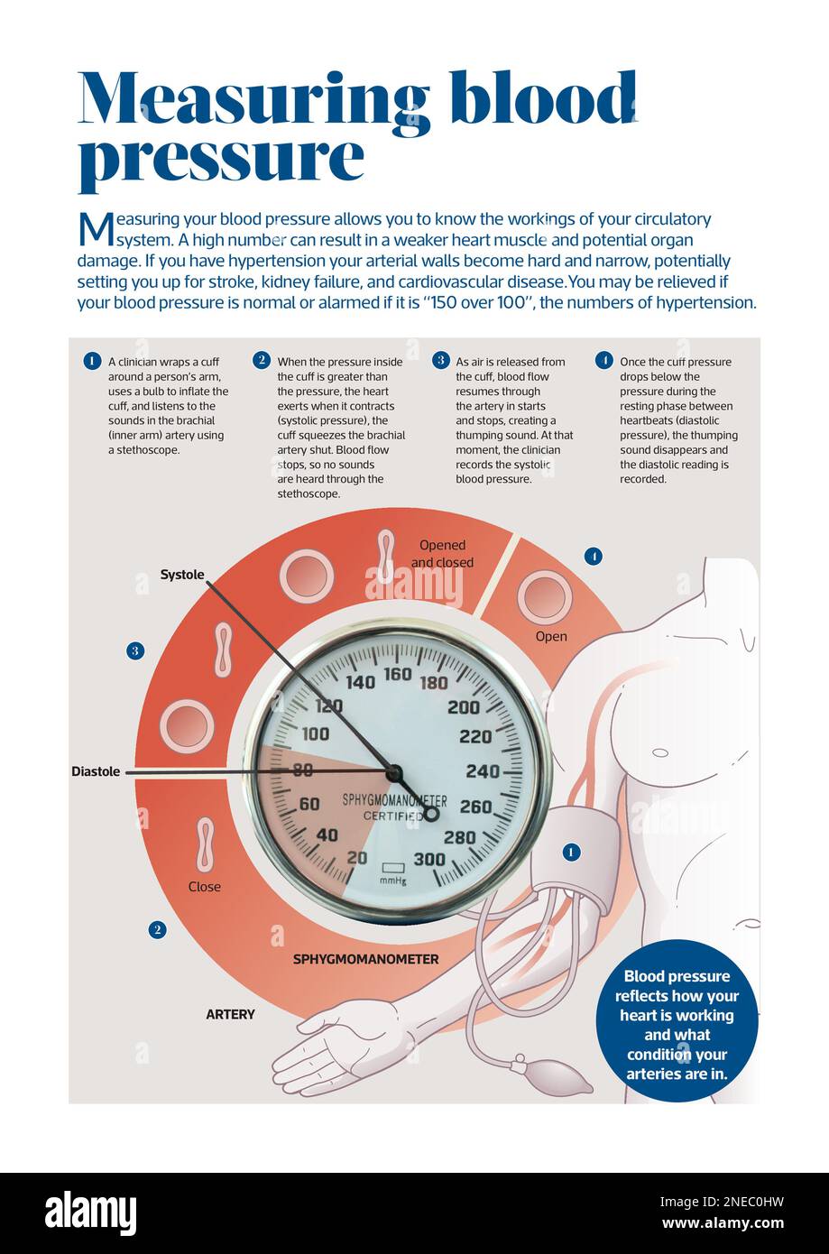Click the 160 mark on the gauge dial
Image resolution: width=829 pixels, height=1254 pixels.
(x=398, y=674)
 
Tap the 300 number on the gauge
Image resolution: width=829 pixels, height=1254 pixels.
(x=429, y=859)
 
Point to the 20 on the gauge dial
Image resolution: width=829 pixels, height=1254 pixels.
(x=357, y=857)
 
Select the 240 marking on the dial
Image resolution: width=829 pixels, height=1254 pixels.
(x=482, y=771)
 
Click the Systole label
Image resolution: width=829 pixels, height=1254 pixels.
(x=182, y=575)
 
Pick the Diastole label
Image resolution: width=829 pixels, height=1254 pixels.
(x=96, y=772)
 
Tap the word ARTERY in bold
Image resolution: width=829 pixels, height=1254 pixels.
(x=230, y=1015)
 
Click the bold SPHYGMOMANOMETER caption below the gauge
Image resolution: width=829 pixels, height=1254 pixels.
(x=365, y=959)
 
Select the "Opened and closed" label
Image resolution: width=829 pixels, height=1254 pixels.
(x=442, y=554)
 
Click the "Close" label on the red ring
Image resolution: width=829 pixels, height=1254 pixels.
(x=205, y=887)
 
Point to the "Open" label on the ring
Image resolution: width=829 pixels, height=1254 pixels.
(x=551, y=637)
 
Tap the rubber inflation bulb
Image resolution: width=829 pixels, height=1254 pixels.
(x=556, y=1074)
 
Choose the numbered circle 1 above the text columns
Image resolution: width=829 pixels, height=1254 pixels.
(x=91, y=362)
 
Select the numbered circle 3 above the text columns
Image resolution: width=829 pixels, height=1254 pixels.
(x=440, y=360)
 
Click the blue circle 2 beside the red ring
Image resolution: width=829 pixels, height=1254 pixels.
(x=158, y=929)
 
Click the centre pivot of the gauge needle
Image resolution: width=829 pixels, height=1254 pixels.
(x=393, y=773)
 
